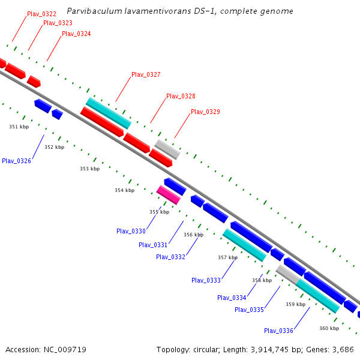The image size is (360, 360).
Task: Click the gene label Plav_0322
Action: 41,14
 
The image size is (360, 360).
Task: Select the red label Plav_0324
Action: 76,34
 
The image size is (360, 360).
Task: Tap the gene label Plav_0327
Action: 146,75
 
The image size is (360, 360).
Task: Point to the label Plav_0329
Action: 205,112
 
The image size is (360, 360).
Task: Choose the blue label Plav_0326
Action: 16,161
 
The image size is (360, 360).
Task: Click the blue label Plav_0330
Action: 131,231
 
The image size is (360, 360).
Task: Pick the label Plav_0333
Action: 206,280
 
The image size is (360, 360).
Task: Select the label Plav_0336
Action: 278,331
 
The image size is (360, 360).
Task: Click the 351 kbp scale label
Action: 19,127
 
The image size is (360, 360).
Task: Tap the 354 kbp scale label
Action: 125,190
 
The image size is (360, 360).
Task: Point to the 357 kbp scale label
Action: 227,257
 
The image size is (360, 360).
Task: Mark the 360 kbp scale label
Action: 329,328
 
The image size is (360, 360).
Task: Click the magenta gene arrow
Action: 169,194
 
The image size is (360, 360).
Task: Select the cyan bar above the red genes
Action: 109,113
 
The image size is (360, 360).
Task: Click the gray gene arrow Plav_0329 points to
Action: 167,149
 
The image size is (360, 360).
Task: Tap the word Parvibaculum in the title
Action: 91,11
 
